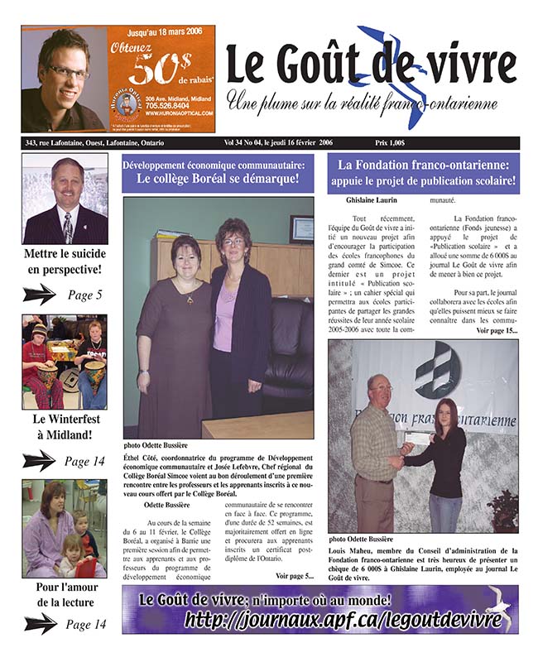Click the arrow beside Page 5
tap(39, 294)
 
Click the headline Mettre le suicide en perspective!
tap(64, 261)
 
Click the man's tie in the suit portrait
tap(69, 224)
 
